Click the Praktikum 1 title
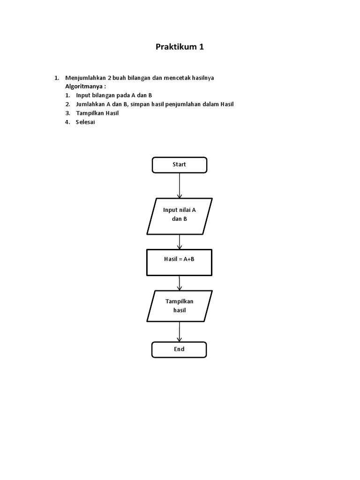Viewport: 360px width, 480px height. pos(180,47)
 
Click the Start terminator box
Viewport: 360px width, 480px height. pos(179,165)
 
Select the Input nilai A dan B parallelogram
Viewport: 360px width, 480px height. pos(180,216)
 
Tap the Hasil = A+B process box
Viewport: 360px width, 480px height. pos(179,262)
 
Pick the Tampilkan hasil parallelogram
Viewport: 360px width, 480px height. pos(180,306)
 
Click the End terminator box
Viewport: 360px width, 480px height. pos(179,349)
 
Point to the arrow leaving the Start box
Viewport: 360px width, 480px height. pos(179,185)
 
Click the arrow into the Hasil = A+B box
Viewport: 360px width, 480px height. pos(179,242)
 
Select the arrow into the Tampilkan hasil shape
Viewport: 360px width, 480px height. pos(179,283)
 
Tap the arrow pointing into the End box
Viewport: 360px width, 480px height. pos(179,332)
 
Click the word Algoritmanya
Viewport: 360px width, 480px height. pos(84,87)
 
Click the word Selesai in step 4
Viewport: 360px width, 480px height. pos(85,122)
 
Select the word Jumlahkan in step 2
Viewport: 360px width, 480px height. pos(90,104)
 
